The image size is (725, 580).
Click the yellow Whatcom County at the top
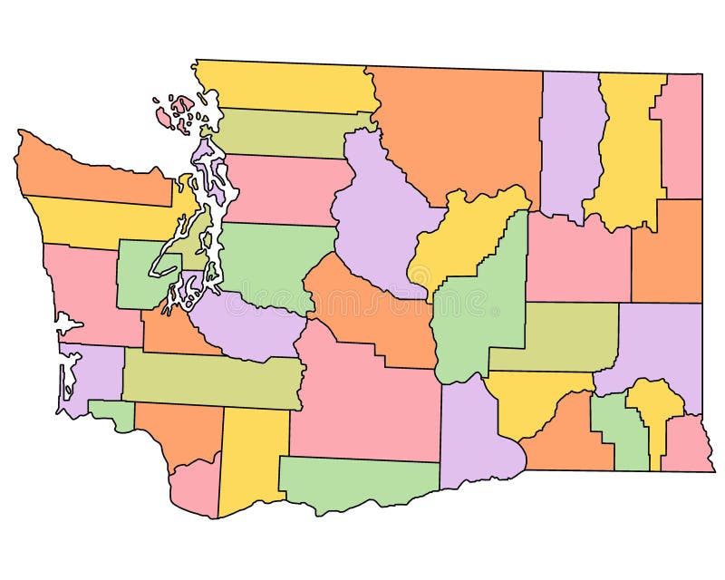(285, 86)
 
